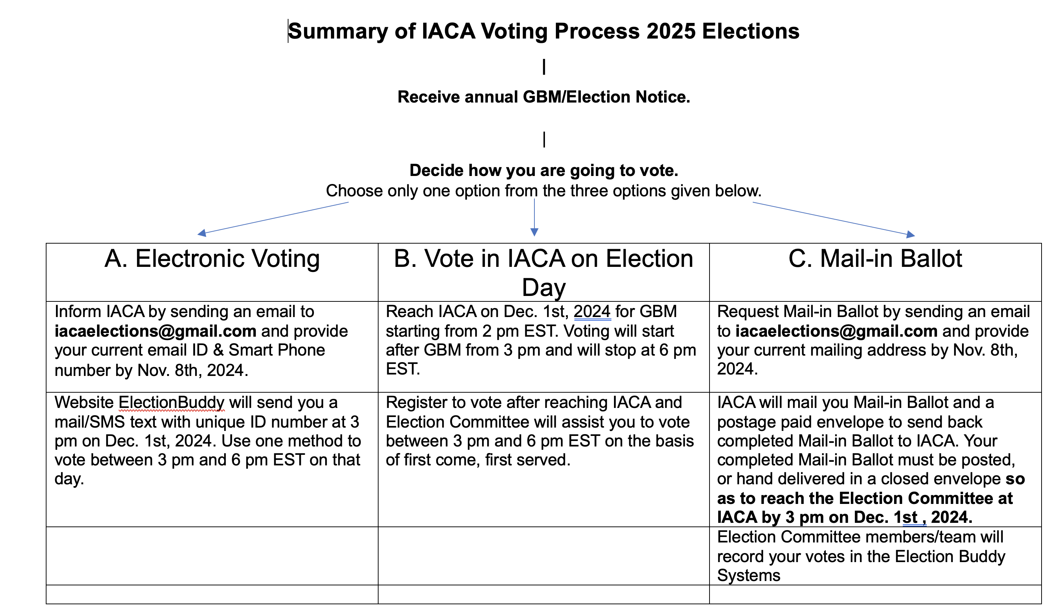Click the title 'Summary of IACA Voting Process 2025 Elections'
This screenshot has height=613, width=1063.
pyautogui.click(x=543, y=32)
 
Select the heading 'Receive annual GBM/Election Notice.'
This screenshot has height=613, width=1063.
pyautogui.click(x=543, y=97)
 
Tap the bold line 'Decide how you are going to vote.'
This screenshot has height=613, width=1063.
pyautogui.click(x=543, y=171)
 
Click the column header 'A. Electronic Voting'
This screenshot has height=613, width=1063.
pyautogui.click(x=212, y=259)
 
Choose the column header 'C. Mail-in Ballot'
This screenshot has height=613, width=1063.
pyautogui.click(x=875, y=259)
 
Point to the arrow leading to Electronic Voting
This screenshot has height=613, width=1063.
pyautogui.click(x=274, y=218)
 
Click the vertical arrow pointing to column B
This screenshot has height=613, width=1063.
pyautogui.click(x=534, y=217)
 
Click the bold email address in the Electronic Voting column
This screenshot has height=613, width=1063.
pyautogui.click(x=155, y=331)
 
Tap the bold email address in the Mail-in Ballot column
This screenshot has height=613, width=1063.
pyautogui.click(x=836, y=331)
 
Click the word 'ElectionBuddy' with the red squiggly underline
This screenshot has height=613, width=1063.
pyautogui.click(x=171, y=403)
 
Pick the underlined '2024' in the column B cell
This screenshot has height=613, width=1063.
pyautogui.click(x=592, y=312)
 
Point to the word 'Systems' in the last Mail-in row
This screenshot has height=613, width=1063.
pyautogui.click(x=749, y=576)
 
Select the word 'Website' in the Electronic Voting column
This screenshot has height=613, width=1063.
pyautogui.click(x=84, y=403)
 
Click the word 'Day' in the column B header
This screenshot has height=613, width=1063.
pyautogui.click(x=543, y=288)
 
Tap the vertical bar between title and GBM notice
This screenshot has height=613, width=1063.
pyautogui.click(x=544, y=67)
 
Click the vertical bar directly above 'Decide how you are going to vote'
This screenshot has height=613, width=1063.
pyautogui.click(x=544, y=139)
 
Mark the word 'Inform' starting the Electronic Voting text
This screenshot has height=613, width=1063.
pyautogui.click(x=78, y=312)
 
